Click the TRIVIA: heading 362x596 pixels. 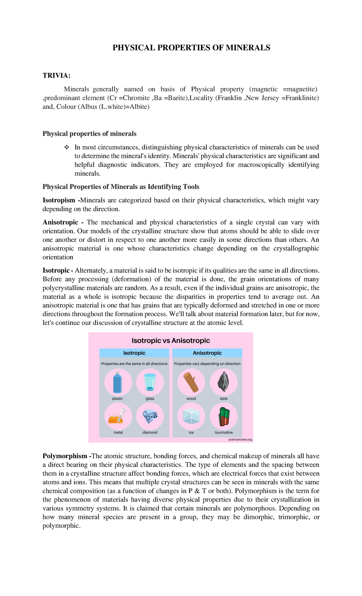(x=56, y=75)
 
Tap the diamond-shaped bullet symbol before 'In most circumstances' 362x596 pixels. (x=66, y=147)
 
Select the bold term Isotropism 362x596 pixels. (x=59, y=200)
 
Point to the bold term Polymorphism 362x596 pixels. (x=65, y=456)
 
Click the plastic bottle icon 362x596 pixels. (x=118, y=382)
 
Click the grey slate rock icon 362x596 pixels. (x=224, y=382)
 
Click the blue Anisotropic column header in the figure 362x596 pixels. (x=207, y=353)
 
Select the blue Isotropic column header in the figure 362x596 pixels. (x=134, y=353)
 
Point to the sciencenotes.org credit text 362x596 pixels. (x=240, y=439)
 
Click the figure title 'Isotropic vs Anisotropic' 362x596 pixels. (x=171, y=341)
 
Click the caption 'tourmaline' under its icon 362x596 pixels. (x=224, y=433)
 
